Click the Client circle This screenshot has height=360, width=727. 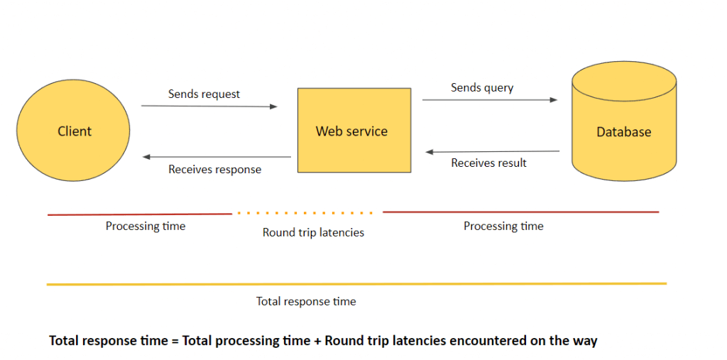pos(73,131)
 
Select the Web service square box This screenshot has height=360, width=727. pos(354,131)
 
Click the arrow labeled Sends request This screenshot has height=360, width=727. pos(209,107)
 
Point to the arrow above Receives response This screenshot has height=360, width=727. pos(217,157)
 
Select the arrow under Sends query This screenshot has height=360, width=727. pos(490,99)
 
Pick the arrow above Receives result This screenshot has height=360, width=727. pos(493,152)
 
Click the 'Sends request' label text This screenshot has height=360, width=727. pos(204,94)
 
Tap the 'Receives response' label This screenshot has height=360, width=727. pos(214,169)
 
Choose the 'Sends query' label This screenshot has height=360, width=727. pos(482,87)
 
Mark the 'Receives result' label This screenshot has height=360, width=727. pos(488,163)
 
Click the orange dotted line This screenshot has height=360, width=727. pos(305,214)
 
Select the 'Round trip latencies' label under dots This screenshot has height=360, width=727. pos(313,232)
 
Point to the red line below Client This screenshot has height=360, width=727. pos(140,214)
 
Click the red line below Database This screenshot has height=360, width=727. pos(521,212)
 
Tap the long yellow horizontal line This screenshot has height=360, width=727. pos(356,284)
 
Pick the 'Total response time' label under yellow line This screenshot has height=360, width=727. pos(306,302)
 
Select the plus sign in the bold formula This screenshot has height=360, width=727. pos(317,341)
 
